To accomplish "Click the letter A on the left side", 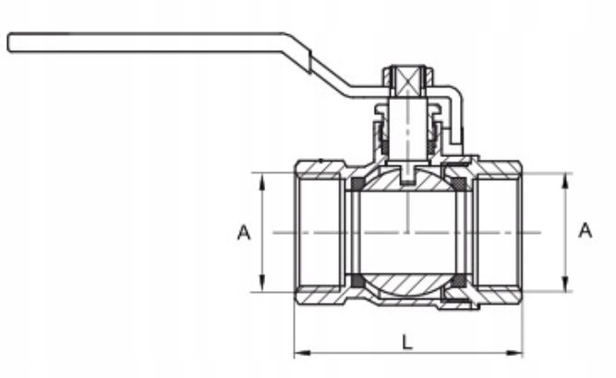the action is point(244,233).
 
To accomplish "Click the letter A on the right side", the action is point(585,230).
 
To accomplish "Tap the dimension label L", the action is point(407,342).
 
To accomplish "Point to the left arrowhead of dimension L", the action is point(302,352).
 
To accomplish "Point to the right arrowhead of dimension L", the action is point(514,352).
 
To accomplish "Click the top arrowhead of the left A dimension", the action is point(261,180).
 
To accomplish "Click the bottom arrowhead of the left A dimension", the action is point(261,284).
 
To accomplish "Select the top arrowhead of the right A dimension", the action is point(565,180).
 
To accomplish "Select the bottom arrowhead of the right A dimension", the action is point(565,284).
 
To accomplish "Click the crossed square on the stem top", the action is point(408,82).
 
